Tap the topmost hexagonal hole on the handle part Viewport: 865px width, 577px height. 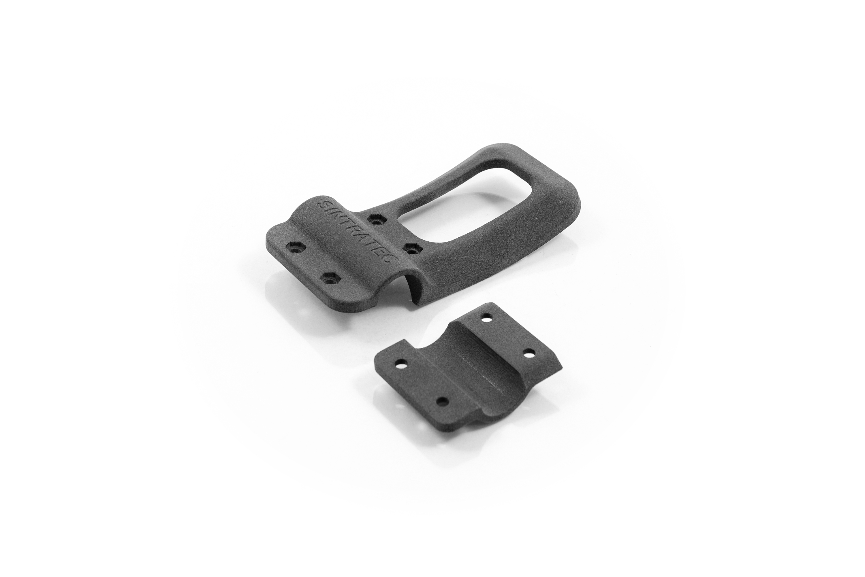[x=375, y=221]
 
